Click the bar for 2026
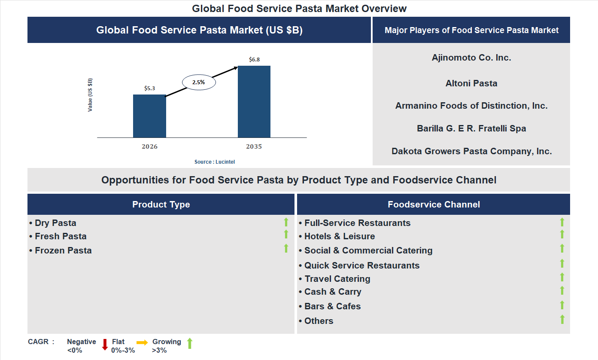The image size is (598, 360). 149,116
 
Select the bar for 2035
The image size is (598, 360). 254,101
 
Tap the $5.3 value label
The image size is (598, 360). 149,88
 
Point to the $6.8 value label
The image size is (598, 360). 254,60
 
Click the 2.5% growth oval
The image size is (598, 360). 199,82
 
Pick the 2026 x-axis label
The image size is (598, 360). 149,146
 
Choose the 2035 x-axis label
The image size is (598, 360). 254,146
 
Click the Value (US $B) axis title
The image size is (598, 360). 90,95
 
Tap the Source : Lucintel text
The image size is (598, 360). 215,162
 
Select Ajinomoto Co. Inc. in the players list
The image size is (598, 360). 471,58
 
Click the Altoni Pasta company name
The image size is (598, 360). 471,83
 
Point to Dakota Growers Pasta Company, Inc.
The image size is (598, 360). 471,151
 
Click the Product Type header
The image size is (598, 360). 161,204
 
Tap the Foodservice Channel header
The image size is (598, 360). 434,204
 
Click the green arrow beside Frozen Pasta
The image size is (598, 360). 286,248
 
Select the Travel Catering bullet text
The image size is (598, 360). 337,279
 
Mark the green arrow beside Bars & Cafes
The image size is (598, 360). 562,305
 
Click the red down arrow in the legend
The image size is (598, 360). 105,345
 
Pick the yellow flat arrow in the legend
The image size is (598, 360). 142,342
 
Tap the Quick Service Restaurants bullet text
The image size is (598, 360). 361,265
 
